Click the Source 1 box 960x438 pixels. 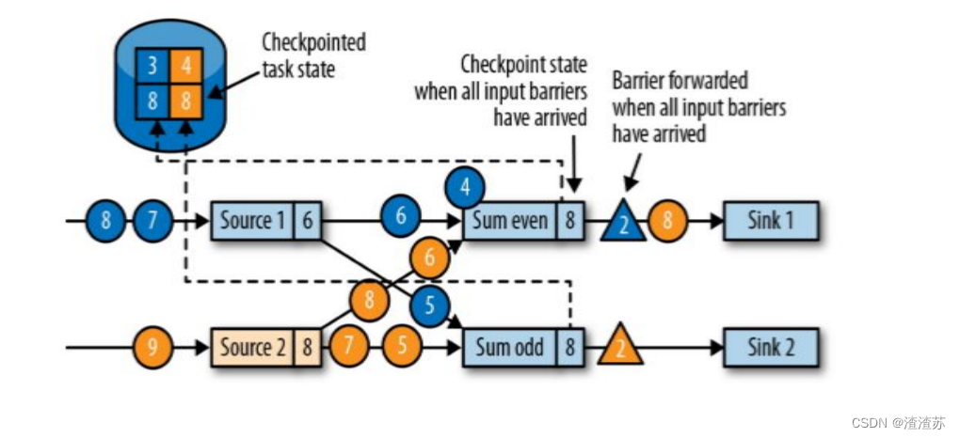[252, 221]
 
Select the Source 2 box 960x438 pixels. [252, 348]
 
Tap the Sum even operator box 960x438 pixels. [508, 221]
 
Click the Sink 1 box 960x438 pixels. [770, 221]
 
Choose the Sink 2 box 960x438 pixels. [770, 348]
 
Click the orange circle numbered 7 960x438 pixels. [349, 348]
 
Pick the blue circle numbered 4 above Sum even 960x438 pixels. [465, 185]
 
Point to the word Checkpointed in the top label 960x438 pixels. [312, 43]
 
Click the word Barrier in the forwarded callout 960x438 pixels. [639, 83]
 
